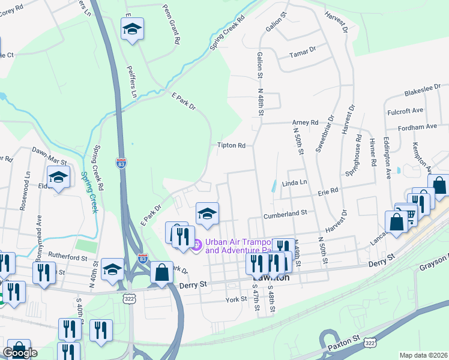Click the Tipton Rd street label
[232, 145]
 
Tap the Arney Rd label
[306, 122]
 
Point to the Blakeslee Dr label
[423, 89]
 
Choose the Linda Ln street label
[294, 182]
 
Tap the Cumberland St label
[285, 212]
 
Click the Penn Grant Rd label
[172, 25]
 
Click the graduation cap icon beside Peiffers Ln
[131, 28]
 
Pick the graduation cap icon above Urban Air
[207, 213]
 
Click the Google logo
[19, 353]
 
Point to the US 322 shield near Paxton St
[370, 343]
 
